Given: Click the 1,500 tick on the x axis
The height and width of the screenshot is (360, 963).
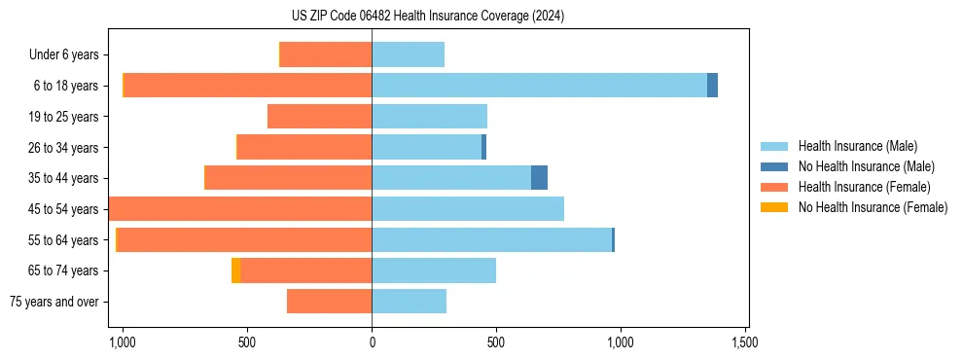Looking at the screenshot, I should pos(745,342).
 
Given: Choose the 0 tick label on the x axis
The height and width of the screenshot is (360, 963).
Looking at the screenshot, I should pos(372,342).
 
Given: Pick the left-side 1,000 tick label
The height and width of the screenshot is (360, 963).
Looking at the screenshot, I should pos(123,342).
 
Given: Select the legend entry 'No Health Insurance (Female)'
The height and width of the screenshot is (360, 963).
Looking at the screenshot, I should pos(873,207).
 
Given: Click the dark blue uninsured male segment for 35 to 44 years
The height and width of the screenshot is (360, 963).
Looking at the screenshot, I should pos(539,178).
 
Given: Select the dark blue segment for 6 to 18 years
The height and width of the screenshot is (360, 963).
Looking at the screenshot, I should pos(712,86).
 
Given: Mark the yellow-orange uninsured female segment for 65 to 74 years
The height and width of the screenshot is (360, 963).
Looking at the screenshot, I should pos(235,270).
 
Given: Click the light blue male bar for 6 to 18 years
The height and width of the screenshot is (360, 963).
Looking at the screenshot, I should pos(539,86).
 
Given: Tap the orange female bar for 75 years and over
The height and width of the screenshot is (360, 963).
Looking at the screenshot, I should pos(329,302).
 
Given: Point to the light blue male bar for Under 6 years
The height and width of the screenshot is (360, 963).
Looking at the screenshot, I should pos(408,55).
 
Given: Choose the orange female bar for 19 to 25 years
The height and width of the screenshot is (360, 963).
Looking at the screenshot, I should pos(319,117).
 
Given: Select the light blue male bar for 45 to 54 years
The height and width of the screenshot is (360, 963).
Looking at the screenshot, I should pos(467,209).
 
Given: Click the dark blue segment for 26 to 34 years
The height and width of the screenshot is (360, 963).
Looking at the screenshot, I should pos(483,148).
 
